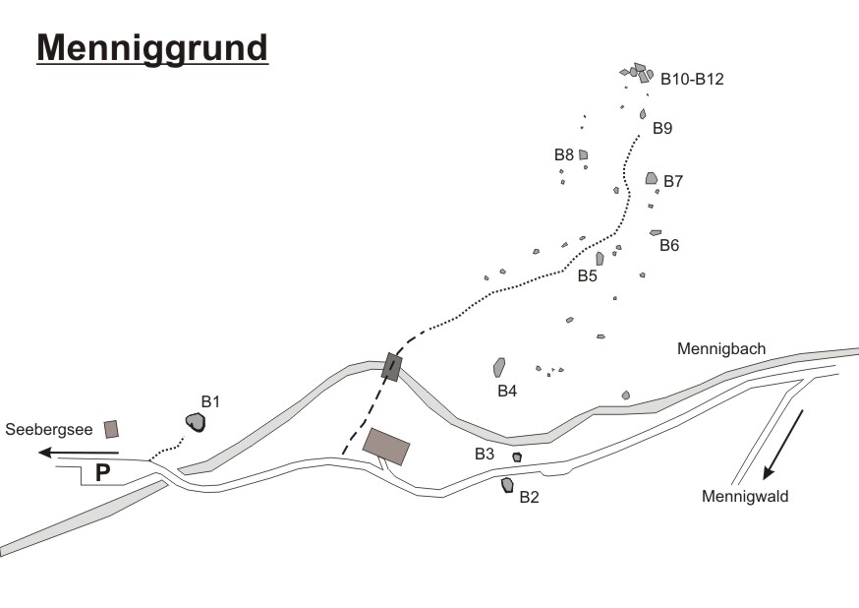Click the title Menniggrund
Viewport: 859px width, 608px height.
(x=152, y=46)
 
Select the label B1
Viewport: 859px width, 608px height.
(x=210, y=401)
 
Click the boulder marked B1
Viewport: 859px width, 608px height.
(x=197, y=422)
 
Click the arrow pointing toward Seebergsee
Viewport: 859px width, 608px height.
(x=79, y=453)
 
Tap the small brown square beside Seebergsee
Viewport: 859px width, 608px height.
(x=112, y=429)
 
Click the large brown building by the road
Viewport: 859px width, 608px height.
(x=386, y=446)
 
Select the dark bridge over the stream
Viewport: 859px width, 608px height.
(x=392, y=366)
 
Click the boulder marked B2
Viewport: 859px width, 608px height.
(x=507, y=485)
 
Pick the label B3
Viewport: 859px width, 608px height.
(x=485, y=454)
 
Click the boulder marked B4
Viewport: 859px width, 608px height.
(x=499, y=367)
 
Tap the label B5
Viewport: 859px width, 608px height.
(x=587, y=276)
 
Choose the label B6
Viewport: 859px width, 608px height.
(x=669, y=245)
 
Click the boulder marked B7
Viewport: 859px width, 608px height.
(x=651, y=178)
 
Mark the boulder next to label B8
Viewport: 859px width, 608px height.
(x=583, y=154)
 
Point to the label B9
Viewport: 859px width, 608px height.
(x=662, y=128)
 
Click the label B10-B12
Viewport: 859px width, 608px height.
(x=692, y=80)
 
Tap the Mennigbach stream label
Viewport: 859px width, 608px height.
(x=720, y=348)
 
